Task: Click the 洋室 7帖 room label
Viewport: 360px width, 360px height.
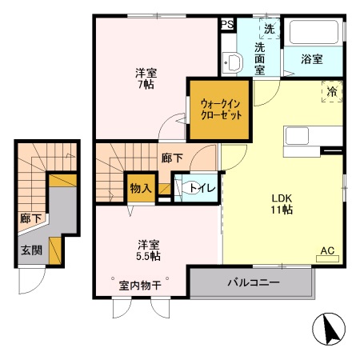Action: point(146,79)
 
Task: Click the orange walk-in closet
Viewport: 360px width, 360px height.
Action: point(218,108)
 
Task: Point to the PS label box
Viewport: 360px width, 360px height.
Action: point(227,25)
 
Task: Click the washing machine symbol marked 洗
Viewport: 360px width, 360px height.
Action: point(269,29)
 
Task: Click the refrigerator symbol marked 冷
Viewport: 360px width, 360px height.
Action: point(331,92)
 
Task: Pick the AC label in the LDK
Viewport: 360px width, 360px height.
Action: point(327,251)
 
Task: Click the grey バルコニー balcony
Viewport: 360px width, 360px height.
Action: point(252,282)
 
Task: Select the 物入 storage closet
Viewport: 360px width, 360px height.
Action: point(140,188)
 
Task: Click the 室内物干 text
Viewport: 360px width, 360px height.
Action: point(141,285)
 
